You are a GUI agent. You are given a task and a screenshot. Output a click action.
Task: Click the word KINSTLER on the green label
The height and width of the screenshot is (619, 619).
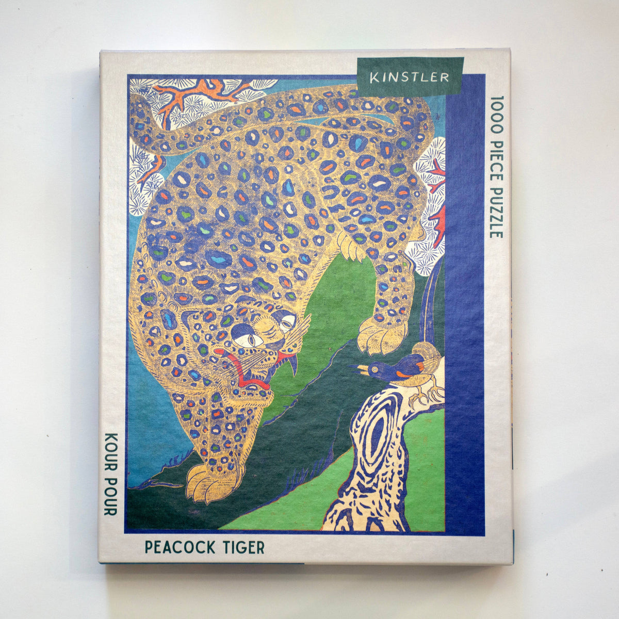(x=409, y=77)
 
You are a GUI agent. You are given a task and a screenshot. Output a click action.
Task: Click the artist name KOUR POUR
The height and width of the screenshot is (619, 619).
(x=109, y=473)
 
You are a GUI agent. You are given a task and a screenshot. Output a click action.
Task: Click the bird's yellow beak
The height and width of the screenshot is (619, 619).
(x=361, y=368)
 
